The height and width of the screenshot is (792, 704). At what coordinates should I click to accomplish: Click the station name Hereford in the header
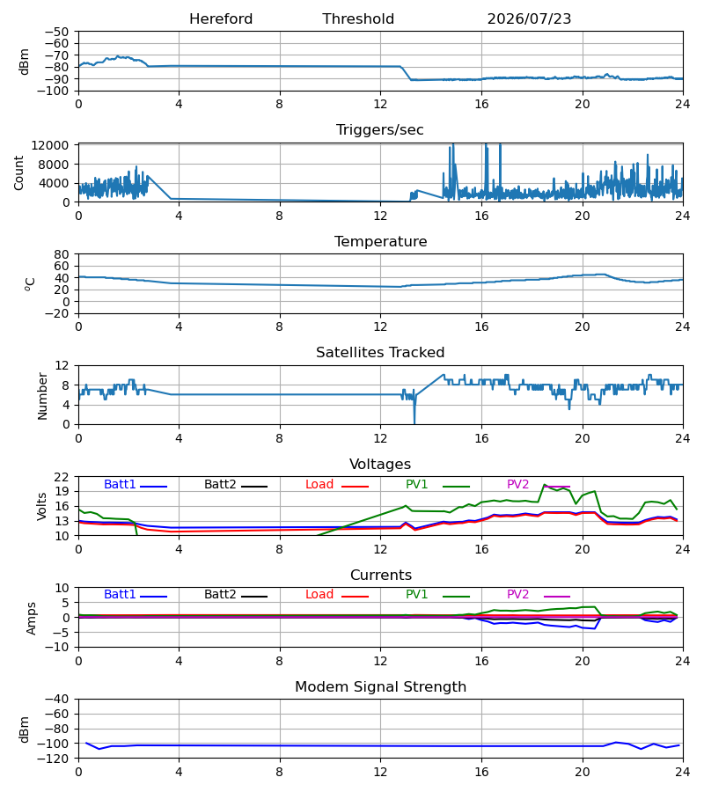pyautogui.click(x=221, y=19)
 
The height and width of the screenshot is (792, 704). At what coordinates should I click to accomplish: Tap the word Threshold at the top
pyautogui.click(x=358, y=19)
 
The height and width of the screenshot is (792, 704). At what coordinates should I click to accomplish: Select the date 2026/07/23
pyautogui.click(x=529, y=19)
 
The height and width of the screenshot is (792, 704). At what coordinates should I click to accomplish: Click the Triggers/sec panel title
pyautogui.click(x=380, y=130)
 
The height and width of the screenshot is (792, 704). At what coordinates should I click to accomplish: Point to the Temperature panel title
pyautogui.click(x=380, y=241)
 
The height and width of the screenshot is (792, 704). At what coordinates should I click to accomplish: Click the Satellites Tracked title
pyautogui.click(x=380, y=353)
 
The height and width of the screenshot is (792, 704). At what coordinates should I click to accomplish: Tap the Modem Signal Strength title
pyautogui.click(x=380, y=687)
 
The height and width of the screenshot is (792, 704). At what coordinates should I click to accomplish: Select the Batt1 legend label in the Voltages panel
pyautogui.click(x=120, y=484)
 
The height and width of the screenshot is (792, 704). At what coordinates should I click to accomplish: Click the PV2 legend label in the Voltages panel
pyautogui.click(x=517, y=484)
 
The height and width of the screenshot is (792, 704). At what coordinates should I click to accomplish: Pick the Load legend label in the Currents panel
pyautogui.click(x=319, y=595)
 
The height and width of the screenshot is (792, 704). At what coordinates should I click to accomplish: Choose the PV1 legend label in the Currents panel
pyautogui.click(x=416, y=595)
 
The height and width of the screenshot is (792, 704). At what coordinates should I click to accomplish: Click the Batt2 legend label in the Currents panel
pyautogui.click(x=220, y=595)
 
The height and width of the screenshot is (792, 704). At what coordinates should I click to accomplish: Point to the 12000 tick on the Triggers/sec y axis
pyautogui.click(x=50, y=145)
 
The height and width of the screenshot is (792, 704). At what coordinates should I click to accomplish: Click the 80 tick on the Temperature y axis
pyautogui.click(x=62, y=254)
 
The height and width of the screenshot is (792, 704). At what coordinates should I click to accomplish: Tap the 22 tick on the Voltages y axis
pyautogui.click(x=62, y=477)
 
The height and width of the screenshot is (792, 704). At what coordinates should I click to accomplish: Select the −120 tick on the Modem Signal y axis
pyautogui.click(x=57, y=759)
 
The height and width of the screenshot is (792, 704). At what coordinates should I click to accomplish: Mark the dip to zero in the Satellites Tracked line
pyautogui.click(x=414, y=422)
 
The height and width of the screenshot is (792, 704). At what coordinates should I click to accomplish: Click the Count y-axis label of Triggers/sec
pyautogui.click(x=18, y=172)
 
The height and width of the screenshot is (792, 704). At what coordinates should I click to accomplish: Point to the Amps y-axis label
pyautogui.click(x=32, y=619)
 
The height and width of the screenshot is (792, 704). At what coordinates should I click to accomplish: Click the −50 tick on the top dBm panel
pyautogui.click(x=57, y=32)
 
